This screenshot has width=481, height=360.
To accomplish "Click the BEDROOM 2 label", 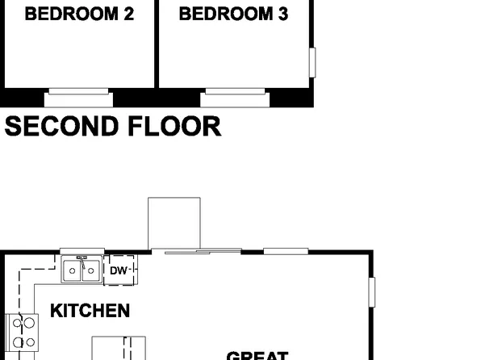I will pyautogui.click(x=79, y=15).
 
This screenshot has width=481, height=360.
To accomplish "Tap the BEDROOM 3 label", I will pyautogui.click(x=233, y=15).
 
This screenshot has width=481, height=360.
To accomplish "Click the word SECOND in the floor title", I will pyautogui.click(x=62, y=126).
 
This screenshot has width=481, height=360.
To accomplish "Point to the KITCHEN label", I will pyautogui.click(x=90, y=311).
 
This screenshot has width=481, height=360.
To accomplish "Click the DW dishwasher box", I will pyautogui.click(x=119, y=270).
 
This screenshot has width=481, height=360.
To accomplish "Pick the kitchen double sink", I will pyautogui.click(x=82, y=271).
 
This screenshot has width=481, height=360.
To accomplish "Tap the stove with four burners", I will pyautogui.click(x=23, y=332).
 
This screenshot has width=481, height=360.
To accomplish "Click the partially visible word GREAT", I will pyautogui.click(x=257, y=355).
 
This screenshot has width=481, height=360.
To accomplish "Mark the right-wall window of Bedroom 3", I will pyautogui.click(x=312, y=62).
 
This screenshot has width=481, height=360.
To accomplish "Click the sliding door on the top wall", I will pyautogui.click(x=202, y=252).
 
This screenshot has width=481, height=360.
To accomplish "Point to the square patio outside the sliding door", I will pyautogui.click(x=174, y=223).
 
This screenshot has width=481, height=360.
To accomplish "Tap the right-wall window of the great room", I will pyautogui.click(x=372, y=292).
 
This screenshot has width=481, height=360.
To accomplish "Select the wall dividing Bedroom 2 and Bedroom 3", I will pyautogui.click(x=156, y=44).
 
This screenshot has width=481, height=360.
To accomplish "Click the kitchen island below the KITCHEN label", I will pyautogui.click(x=118, y=349).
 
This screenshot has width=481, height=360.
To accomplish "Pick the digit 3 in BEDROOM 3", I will pyautogui.click(x=282, y=15).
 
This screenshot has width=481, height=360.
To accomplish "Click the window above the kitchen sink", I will pyautogui.click(x=82, y=251).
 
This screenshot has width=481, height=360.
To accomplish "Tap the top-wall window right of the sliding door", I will pyautogui.click(x=286, y=251).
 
